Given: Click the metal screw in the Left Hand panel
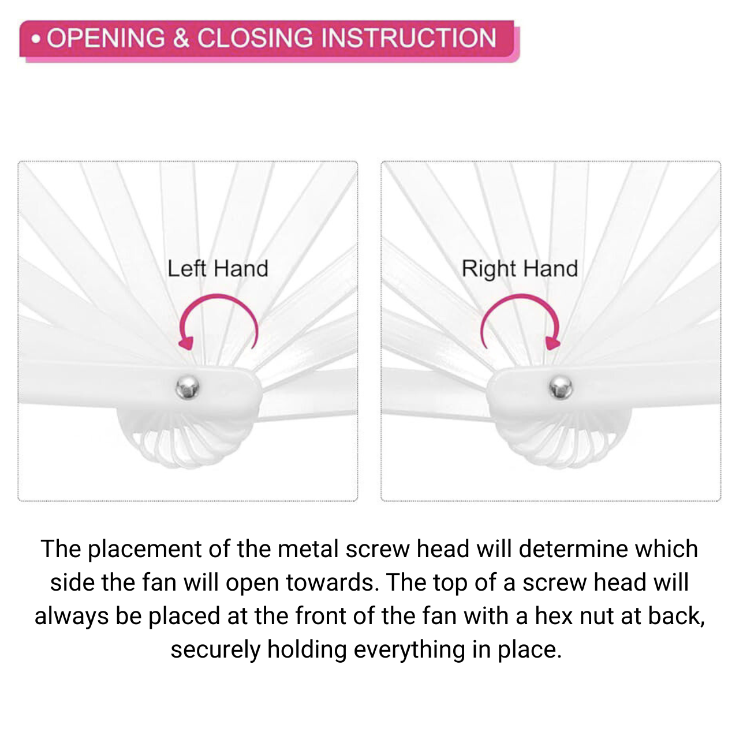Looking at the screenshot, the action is click(x=188, y=387).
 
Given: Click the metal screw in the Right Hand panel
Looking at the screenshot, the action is click(x=561, y=387).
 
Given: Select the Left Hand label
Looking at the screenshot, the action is click(x=218, y=268).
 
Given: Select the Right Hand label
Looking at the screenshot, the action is click(x=520, y=268).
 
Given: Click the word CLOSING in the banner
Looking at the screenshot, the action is click(x=255, y=38).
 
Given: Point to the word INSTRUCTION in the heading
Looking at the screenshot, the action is click(x=409, y=38).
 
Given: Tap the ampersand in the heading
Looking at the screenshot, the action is click(x=181, y=38).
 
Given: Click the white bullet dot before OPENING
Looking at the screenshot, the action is click(x=36, y=39).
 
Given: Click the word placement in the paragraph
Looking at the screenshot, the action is click(x=144, y=549).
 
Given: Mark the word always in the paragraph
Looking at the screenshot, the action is click(x=72, y=617).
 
